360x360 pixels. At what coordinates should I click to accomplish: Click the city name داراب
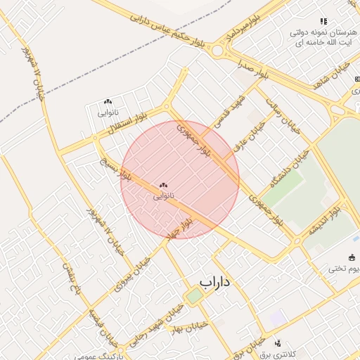point(215,283)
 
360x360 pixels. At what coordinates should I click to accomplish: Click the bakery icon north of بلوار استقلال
point(108,102)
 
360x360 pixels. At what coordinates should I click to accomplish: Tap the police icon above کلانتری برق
point(278,343)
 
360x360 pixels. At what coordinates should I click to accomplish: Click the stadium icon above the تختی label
point(352,257)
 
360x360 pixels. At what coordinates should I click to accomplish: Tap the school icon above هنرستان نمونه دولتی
point(323,22)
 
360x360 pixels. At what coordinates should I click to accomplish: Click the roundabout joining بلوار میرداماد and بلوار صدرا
point(219,51)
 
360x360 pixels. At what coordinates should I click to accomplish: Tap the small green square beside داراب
point(194,295)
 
